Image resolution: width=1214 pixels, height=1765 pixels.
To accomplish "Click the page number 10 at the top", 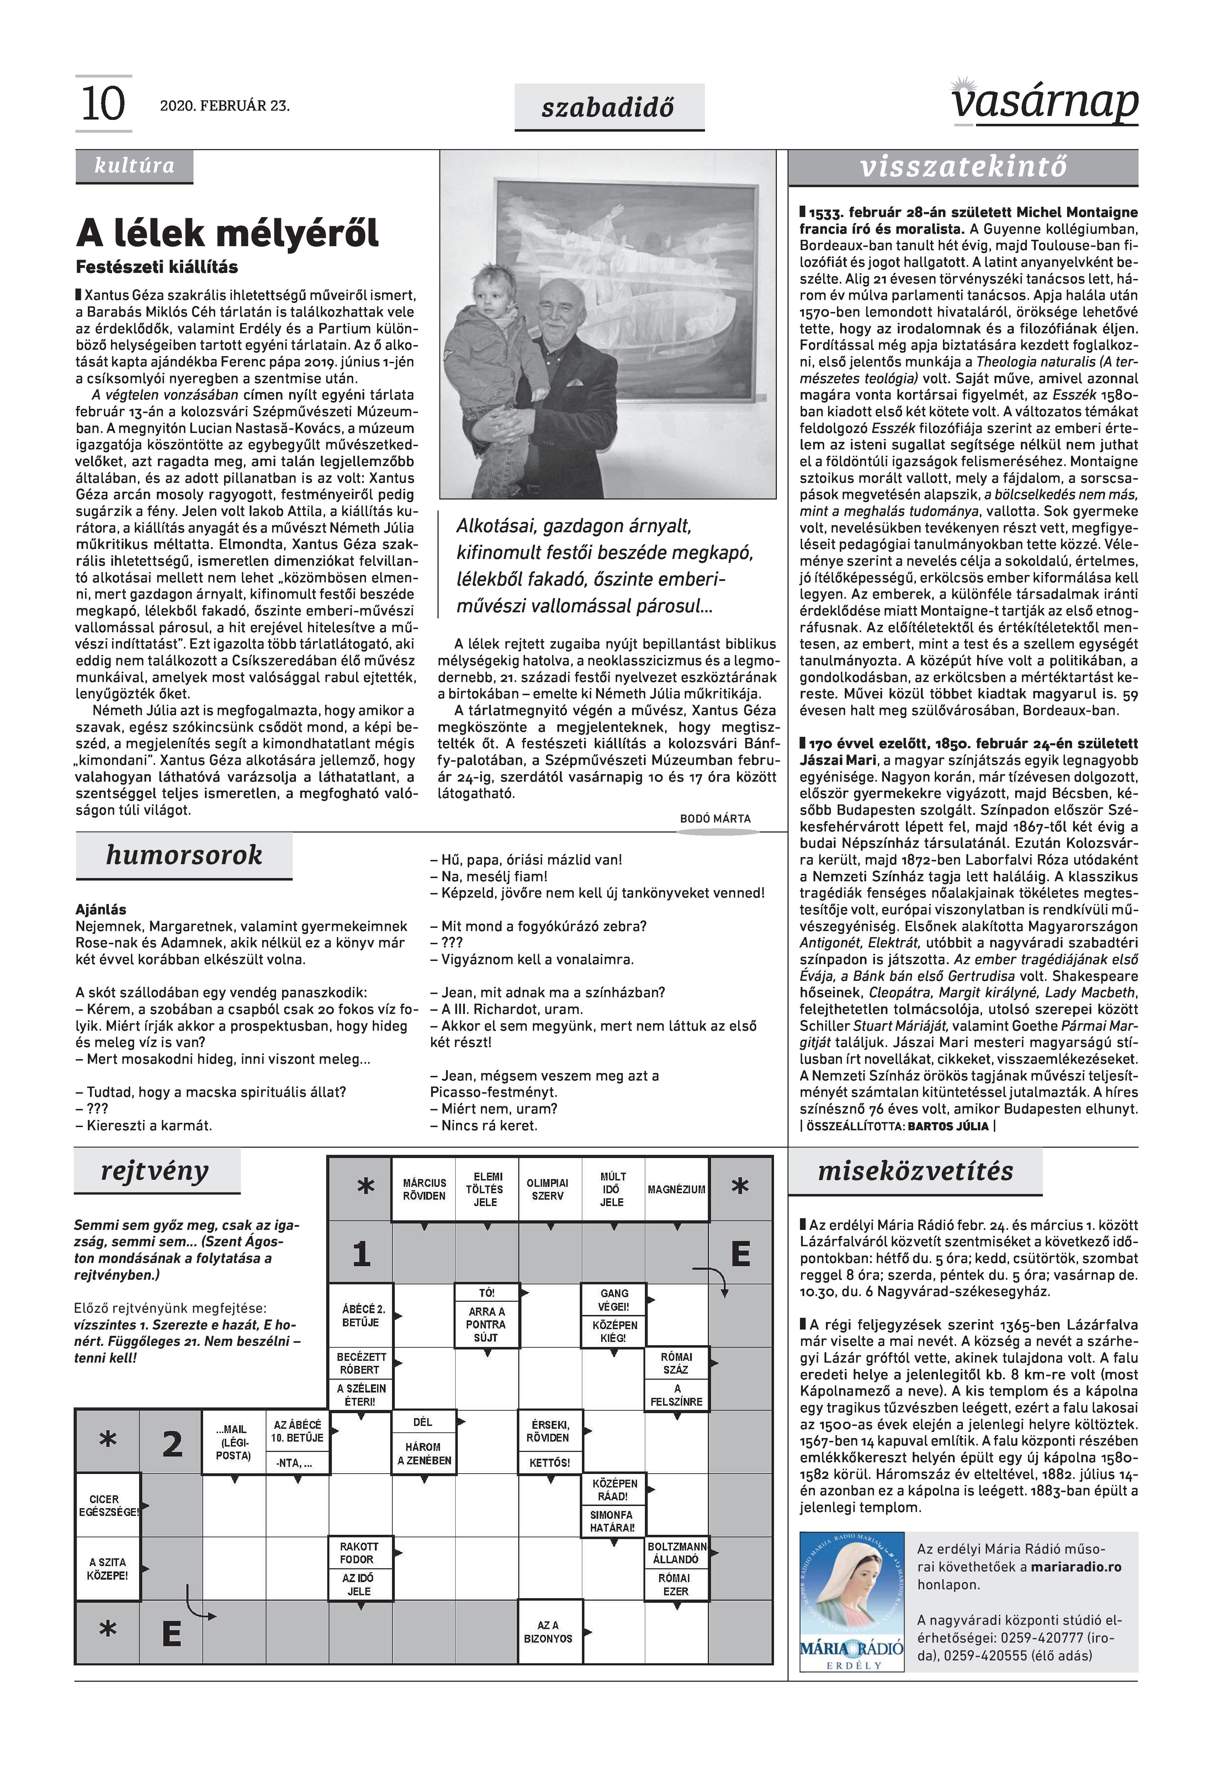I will tap(103, 104).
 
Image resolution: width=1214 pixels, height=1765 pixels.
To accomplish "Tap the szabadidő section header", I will tap(609, 107).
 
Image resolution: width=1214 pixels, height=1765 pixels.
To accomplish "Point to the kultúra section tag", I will tap(134, 166).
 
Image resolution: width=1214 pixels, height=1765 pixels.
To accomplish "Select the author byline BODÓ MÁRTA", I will tap(715, 819).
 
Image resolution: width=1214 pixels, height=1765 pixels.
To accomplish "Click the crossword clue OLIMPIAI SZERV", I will tap(548, 1189).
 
